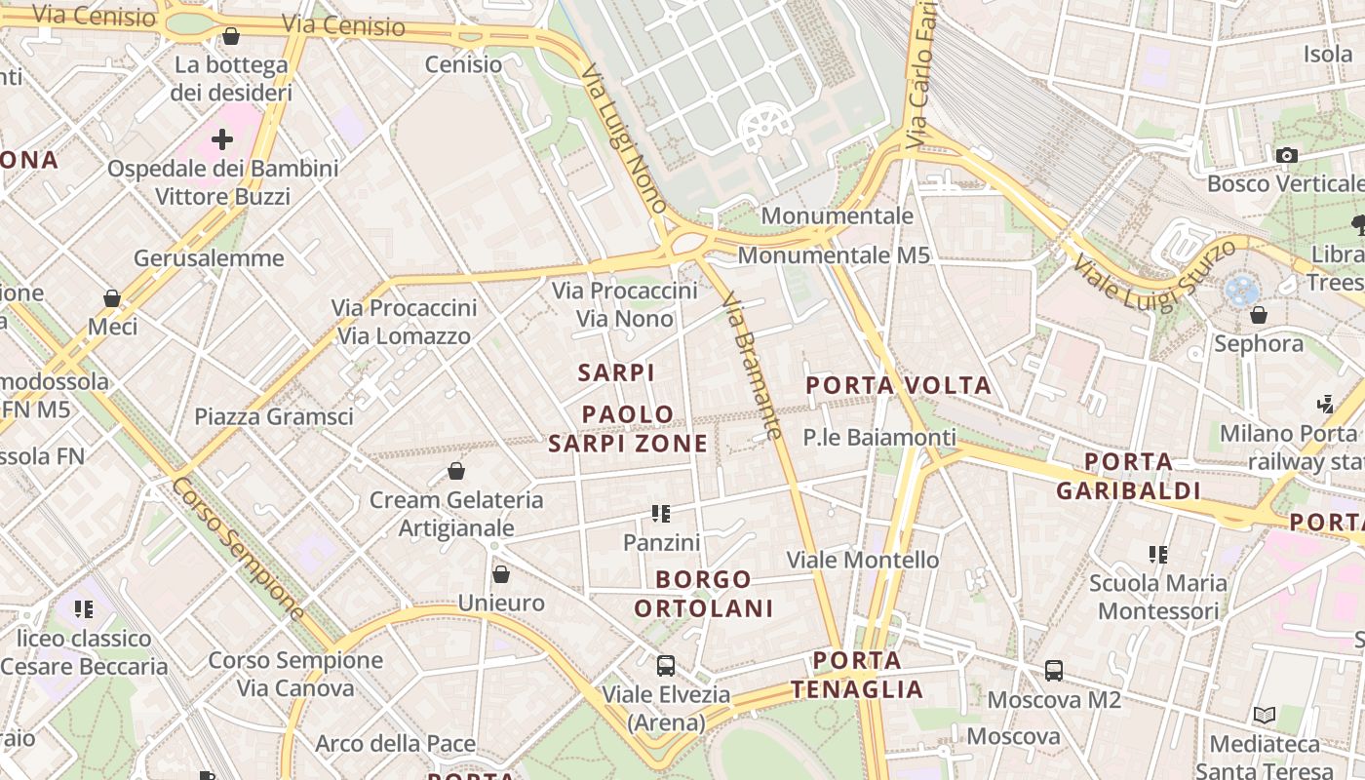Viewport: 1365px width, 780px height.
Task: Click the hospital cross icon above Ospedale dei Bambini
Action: click(x=222, y=139)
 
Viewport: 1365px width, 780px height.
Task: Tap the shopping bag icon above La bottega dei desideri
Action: click(x=231, y=37)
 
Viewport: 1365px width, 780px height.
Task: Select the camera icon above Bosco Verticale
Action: click(x=1286, y=155)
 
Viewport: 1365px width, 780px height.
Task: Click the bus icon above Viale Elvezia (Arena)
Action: click(x=666, y=666)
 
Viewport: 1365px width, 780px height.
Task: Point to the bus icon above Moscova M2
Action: click(x=1054, y=671)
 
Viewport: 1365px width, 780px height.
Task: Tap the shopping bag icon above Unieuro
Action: click(x=501, y=574)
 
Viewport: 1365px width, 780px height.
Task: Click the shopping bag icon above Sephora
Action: click(x=1259, y=315)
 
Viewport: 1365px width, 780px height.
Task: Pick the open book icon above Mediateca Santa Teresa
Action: click(x=1265, y=716)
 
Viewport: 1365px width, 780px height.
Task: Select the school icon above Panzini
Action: click(x=661, y=513)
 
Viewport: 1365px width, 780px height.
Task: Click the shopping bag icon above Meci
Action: click(x=112, y=297)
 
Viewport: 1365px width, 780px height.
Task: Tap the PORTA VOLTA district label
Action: click(x=898, y=385)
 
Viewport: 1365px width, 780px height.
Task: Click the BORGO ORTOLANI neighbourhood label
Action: click(x=703, y=594)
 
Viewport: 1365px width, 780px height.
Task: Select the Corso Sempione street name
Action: click(x=239, y=548)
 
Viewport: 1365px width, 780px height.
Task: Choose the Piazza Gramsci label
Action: click(x=273, y=416)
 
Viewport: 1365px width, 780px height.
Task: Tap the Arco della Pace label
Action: click(x=395, y=744)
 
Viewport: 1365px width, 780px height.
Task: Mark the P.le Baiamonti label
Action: click(x=878, y=438)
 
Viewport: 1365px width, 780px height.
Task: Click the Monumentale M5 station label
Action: click(x=834, y=255)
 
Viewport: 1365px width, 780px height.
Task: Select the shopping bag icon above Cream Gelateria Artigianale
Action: click(x=455, y=472)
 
